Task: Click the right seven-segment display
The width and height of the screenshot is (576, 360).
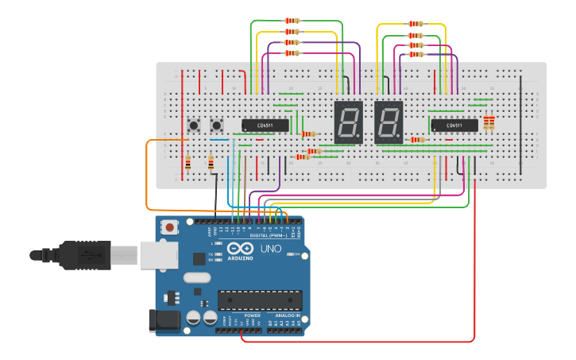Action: [389, 122]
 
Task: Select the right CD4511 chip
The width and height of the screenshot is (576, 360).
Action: [454, 125]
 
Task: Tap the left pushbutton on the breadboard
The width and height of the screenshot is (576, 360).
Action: [193, 126]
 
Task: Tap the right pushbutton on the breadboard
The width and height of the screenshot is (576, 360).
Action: [215, 126]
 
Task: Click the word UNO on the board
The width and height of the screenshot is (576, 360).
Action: [271, 248]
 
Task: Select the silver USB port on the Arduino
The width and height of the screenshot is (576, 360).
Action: [158, 255]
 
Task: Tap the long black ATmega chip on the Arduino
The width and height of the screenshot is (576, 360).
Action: [260, 300]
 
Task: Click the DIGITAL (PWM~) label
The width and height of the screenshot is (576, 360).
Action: [267, 235]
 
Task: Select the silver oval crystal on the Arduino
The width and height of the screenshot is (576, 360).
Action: [196, 277]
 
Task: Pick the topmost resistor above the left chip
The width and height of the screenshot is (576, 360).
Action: [292, 21]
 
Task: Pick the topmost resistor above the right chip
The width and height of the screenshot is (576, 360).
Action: [416, 24]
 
